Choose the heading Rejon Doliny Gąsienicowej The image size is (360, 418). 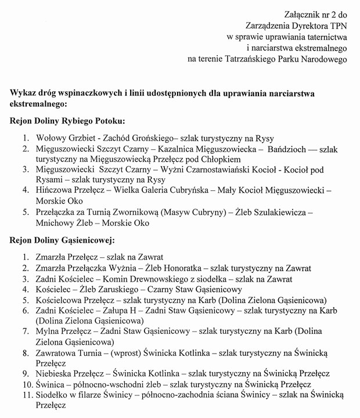coord(63,240)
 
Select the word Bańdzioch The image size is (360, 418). coord(288,149)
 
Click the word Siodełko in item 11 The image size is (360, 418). coord(53,395)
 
